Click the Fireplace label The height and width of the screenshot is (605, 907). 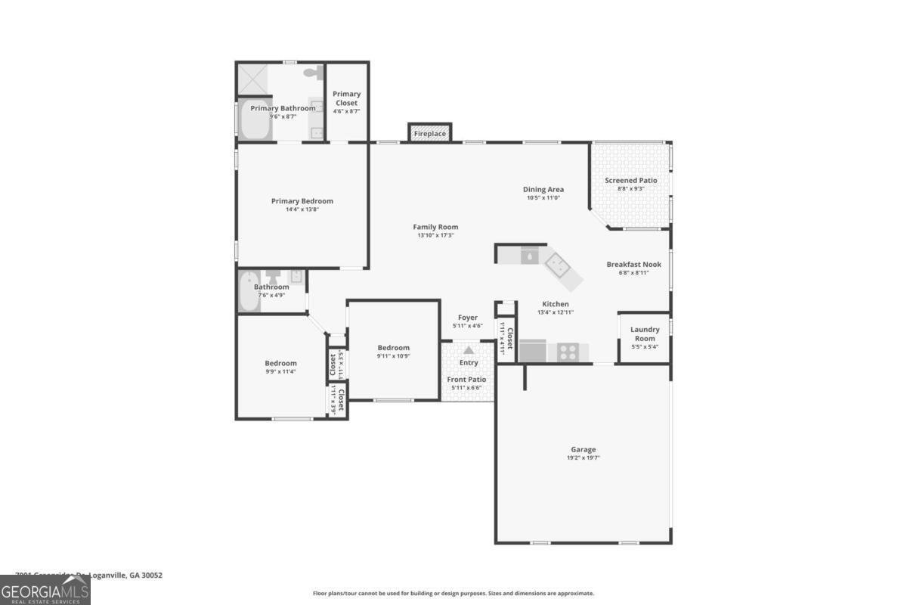point(429,134)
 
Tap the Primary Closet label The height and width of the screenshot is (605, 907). point(347,98)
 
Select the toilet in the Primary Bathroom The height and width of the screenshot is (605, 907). point(311,73)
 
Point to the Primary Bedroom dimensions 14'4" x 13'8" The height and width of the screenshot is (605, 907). point(302,209)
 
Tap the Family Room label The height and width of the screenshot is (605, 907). point(435,227)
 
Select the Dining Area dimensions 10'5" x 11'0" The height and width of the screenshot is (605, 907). point(543,198)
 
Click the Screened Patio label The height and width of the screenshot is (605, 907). point(631,181)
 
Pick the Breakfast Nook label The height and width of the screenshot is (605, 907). point(633,265)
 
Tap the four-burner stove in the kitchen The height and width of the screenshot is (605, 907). point(568,352)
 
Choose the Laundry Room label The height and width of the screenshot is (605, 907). point(645,334)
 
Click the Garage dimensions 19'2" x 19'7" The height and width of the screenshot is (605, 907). point(583,458)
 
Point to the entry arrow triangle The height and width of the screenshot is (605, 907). point(469,350)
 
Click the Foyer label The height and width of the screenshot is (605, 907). point(468,318)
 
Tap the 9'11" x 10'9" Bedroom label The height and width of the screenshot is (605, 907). point(394,348)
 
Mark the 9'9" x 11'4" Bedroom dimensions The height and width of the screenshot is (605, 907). point(280,371)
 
